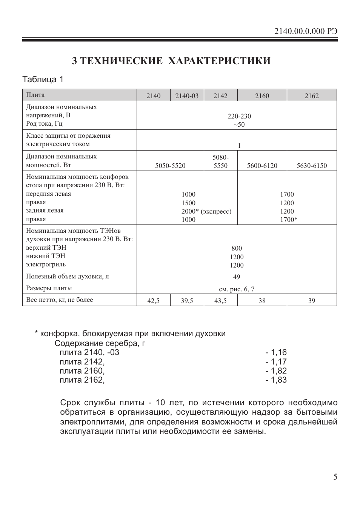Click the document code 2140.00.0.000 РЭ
point(306,31)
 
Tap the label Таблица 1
point(43,80)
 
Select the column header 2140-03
point(187,96)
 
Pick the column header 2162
point(312,96)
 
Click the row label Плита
point(35,95)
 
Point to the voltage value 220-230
point(239,116)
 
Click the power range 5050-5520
point(170,166)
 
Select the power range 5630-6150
point(312,166)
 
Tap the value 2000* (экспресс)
point(206,211)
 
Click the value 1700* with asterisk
point(288,220)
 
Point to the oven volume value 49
point(237,277)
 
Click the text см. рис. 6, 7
point(237,289)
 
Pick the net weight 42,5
point(153,301)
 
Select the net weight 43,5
point(220,301)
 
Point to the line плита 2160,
point(82,371)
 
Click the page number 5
point(335,477)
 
